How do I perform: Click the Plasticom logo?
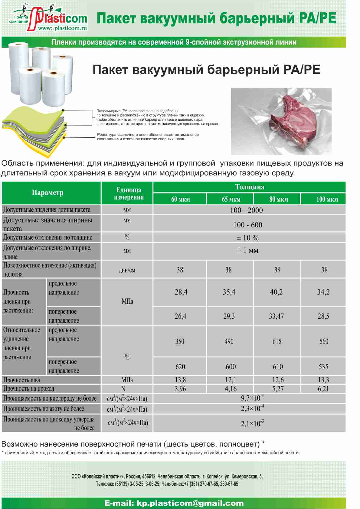click(x=50, y=18)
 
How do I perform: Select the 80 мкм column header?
click(x=278, y=199)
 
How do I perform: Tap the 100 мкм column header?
click(x=327, y=199)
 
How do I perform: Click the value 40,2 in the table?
click(x=276, y=292)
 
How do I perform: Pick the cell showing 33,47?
click(x=276, y=316)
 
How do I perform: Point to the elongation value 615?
click(x=277, y=341)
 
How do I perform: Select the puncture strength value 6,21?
click(x=323, y=389)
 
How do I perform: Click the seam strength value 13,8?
click(x=180, y=380)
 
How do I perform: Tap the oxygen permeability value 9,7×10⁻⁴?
click(x=252, y=398)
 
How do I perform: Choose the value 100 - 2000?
click(x=246, y=210)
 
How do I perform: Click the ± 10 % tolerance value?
click(x=247, y=238)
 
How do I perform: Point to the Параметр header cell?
click(x=48, y=193)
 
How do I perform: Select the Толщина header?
click(x=250, y=187)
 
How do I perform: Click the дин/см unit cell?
click(x=127, y=270)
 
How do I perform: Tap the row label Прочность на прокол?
click(x=29, y=389)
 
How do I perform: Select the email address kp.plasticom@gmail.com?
click(x=174, y=503)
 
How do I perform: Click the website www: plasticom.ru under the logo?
click(x=62, y=28)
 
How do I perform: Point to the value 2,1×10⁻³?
click(x=252, y=423)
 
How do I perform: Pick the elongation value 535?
click(x=323, y=367)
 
